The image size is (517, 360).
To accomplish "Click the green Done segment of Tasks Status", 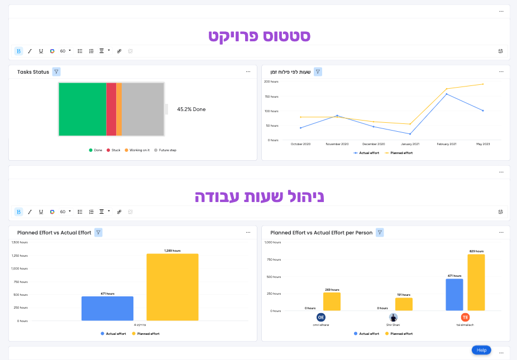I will [x=82, y=109].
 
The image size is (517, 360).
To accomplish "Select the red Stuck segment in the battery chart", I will [x=111, y=109].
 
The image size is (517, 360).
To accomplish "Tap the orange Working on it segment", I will [x=119, y=109].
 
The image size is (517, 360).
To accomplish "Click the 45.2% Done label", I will [x=191, y=109].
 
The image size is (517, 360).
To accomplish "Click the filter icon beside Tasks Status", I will [x=56, y=72].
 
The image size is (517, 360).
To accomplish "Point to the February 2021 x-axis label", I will [x=446, y=144].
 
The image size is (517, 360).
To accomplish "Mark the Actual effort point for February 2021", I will [x=447, y=94].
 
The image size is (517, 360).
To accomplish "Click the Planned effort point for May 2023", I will [x=483, y=84].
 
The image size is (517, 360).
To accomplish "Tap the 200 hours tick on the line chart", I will [x=271, y=81].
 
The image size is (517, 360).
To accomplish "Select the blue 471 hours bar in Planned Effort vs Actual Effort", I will [x=107, y=308].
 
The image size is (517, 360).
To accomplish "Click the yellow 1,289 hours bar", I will [x=173, y=287].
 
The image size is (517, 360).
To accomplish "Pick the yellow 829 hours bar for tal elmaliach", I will [x=476, y=282].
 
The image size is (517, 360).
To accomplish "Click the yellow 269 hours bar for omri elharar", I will [x=332, y=301].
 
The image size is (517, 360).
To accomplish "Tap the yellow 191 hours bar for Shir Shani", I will [x=404, y=304].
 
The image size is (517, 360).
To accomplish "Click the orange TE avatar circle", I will [x=465, y=317].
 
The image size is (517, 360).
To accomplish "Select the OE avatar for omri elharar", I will [x=320, y=317].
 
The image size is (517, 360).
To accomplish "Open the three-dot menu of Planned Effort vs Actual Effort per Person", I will [x=500, y=232].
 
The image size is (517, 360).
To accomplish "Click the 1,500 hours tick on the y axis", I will [x=20, y=242].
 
